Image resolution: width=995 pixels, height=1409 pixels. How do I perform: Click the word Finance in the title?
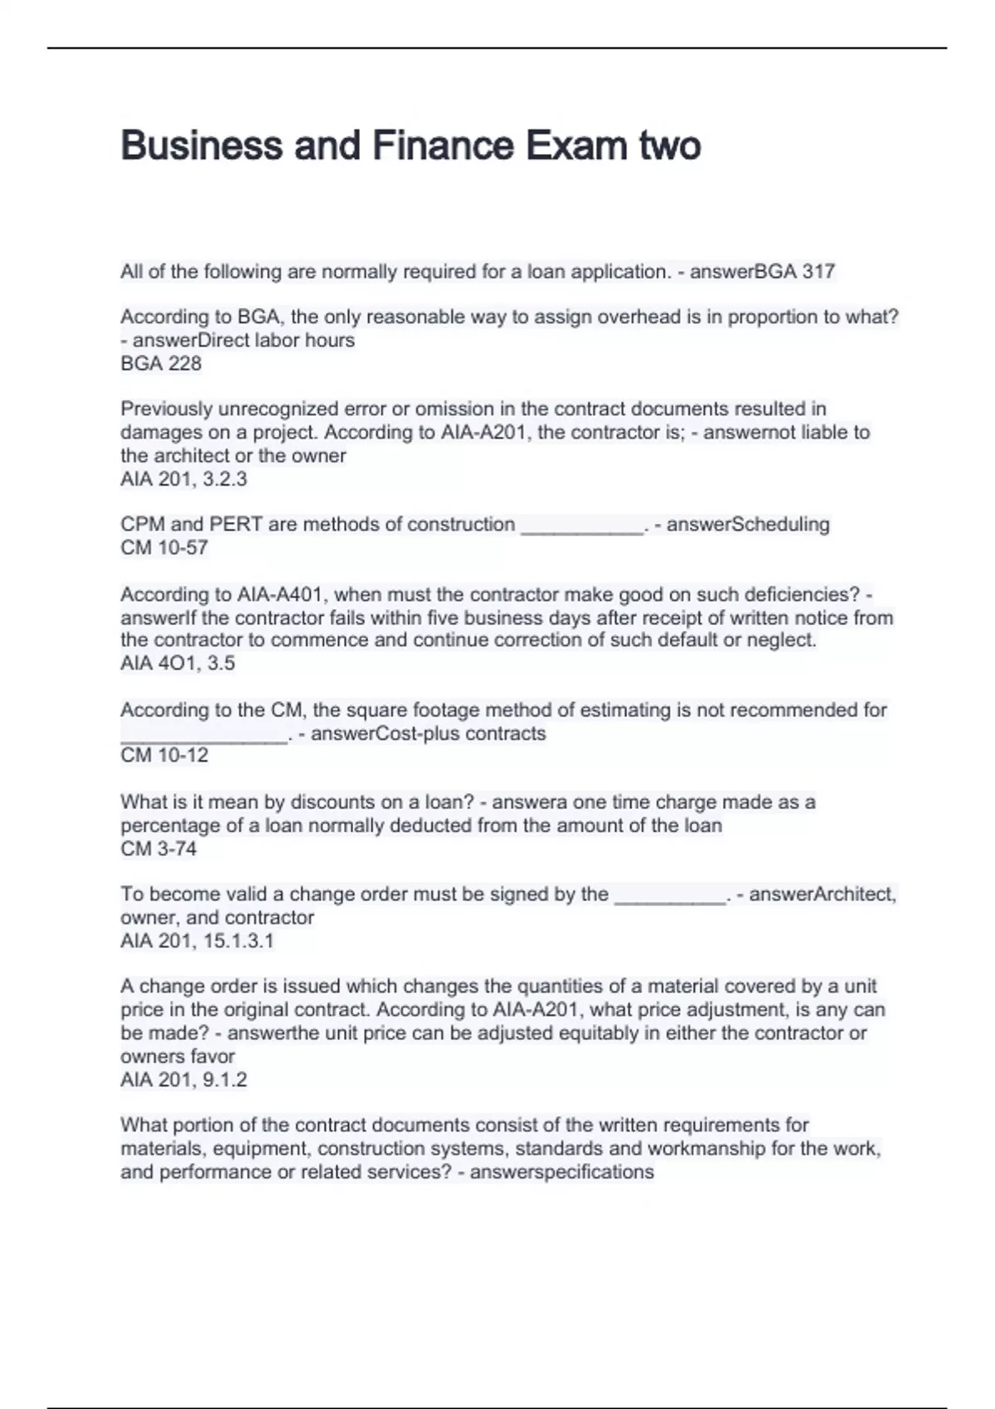(x=443, y=146)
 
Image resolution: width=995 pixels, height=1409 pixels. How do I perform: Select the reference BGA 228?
(x=161, y=364)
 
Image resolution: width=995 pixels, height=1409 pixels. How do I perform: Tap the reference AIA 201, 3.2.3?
(x=183, y=479)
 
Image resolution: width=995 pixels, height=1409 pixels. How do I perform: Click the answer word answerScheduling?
(x=748, y=525)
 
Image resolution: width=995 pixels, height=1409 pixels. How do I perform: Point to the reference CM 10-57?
(x=164, y=548)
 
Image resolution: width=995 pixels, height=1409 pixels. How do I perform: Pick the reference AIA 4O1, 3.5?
(x=177, y=663)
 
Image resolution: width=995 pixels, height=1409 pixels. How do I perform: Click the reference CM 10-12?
(x=164, y=755)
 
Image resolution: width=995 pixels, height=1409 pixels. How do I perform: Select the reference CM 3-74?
(x=158, y=849)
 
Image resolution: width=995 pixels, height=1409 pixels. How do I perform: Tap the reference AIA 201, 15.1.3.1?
(x=197, y=941)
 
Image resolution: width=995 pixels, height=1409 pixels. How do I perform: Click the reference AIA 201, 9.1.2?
(x=183, y=1080)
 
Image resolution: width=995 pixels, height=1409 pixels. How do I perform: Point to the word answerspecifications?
(x=562, y=1172)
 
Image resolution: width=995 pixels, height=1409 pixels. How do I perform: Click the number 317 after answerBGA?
(x=818, y=272)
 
